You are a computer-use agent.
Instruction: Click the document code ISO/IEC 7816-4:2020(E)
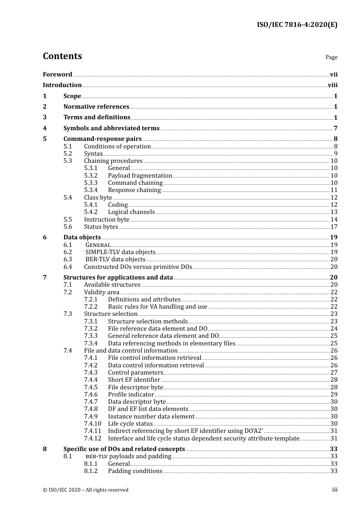[297, 25]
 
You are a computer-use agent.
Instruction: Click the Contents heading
[62, 56]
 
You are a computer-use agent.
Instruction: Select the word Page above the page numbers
[331, 57]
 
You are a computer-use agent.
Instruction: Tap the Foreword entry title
[57, 75]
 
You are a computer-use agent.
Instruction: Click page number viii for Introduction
[332, 85]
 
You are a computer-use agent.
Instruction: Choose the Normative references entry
[96, 107]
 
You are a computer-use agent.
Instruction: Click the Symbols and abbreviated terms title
[111, 128]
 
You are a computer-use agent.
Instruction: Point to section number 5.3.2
[91, 176]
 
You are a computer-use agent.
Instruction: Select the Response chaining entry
[134, 190]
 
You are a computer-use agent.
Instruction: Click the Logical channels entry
[131, 212]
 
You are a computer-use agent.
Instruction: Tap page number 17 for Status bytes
[334, 227]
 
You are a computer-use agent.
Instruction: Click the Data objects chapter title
[82, 237]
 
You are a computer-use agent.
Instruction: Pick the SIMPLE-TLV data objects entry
[120, 252]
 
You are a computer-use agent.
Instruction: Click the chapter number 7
[45, 278]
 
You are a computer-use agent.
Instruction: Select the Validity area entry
[102, 292]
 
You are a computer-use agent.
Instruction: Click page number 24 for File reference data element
[334, 329]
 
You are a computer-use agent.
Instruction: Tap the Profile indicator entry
[131, 395]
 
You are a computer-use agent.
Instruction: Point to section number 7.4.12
[92, 439]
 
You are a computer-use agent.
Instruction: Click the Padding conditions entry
[135, 471]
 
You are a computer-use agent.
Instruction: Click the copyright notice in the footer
[86, 490]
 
